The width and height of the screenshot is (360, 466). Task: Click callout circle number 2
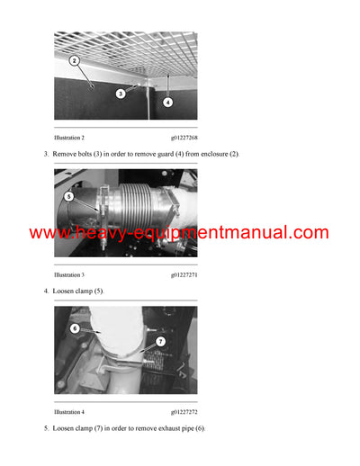[x=74, y=61]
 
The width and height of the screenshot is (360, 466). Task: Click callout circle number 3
[x=120, y=93]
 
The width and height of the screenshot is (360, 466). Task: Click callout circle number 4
[x=167, y=102]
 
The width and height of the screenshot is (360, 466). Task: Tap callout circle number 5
[x=68, y=195]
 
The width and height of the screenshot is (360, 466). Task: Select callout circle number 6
[x=74, y=328]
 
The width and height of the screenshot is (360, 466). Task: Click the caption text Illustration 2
[x=69, y=138]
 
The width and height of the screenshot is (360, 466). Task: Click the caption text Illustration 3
[x=69, y=274]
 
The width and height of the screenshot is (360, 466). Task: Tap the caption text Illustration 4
[x=69, y=411]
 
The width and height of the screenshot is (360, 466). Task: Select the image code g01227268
[x=184, y=138]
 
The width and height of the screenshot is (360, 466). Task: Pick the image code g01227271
[x=184, y=274]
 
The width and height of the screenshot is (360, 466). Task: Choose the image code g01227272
[x=184, y=411]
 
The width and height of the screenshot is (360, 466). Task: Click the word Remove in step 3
[x=64, y=155]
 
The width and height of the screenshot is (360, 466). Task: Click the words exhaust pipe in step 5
[x=168, y=428]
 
